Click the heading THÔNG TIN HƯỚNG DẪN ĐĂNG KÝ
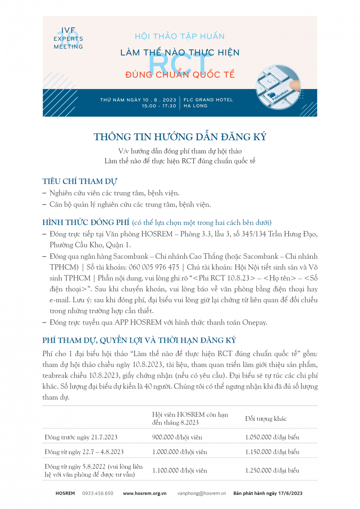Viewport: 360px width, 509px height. click(180, 137)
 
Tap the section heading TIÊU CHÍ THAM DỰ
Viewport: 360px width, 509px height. click(80, 181)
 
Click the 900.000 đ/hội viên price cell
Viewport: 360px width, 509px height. click(177, 437)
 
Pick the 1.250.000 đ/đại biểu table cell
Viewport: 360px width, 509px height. click(272, 470)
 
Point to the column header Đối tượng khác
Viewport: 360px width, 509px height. click(266, 419)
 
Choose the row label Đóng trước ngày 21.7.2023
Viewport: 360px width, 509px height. click(81, 437)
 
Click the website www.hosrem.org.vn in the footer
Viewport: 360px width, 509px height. click(145, 493)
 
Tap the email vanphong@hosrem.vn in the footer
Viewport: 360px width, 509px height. click(202, 493)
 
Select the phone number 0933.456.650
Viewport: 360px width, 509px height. click(98, 493)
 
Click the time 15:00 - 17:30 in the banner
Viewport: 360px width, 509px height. click(159, 106)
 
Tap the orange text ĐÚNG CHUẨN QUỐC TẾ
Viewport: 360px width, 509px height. click(180, 75)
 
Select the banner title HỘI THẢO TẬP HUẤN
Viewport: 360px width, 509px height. click(180, 36)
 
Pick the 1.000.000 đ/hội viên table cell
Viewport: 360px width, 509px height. click(180, 452)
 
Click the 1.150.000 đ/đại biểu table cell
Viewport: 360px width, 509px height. click(272, 452)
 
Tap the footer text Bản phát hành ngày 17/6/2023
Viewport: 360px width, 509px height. click(268, 493)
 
